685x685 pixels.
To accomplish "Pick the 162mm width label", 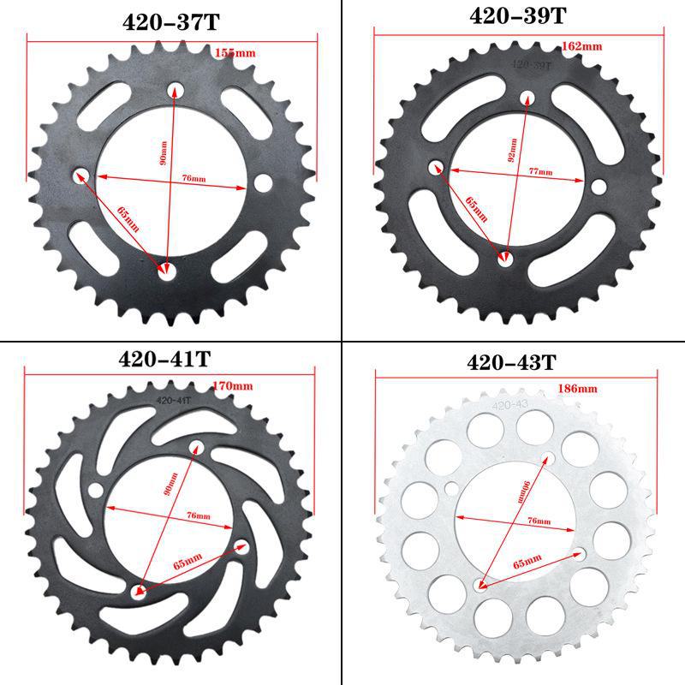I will (581, 46).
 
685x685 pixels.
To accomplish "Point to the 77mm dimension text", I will (539, 172).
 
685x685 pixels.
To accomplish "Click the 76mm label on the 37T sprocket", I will (194, 178).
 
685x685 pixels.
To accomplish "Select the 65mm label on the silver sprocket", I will (527, 560).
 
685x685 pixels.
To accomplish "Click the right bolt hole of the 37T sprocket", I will (262, 183).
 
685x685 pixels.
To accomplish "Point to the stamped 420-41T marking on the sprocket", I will (174, 398).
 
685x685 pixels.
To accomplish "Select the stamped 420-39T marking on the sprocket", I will (529, 63).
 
